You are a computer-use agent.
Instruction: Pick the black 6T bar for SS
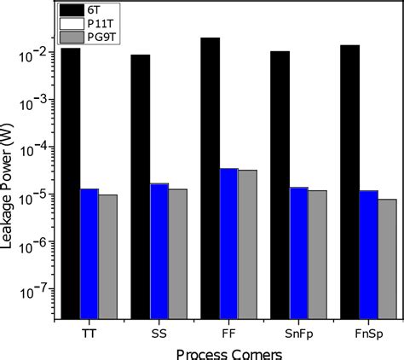141,187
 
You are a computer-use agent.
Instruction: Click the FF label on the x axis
229,332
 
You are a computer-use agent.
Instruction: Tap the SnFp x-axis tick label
298,332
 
